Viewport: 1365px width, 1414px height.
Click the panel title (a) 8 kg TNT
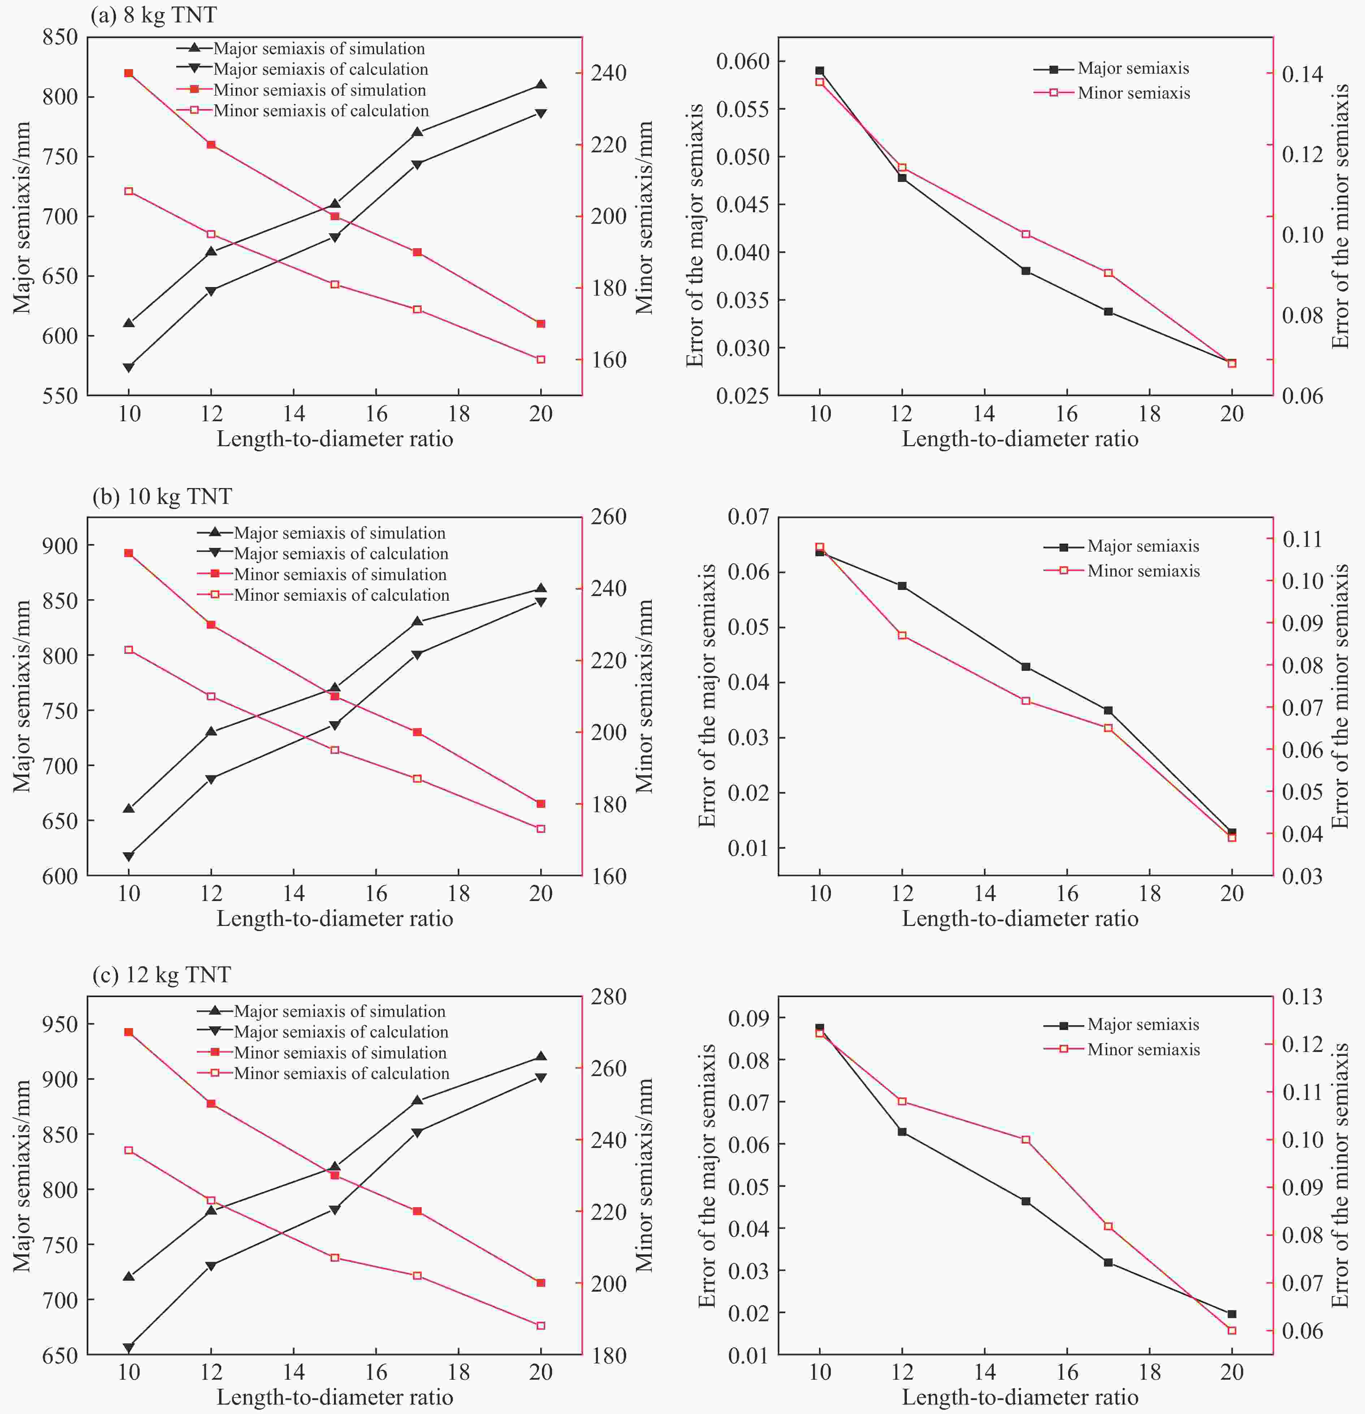153,15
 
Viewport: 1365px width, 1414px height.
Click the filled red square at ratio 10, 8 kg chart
129,73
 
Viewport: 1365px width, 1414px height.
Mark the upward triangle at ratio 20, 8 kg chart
541,84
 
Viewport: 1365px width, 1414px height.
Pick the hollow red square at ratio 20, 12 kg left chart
541,1325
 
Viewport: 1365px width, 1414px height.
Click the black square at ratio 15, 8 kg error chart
1026,270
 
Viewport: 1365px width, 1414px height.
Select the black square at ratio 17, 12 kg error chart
1108,1262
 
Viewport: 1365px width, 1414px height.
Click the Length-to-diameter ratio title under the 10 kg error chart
1020,918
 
